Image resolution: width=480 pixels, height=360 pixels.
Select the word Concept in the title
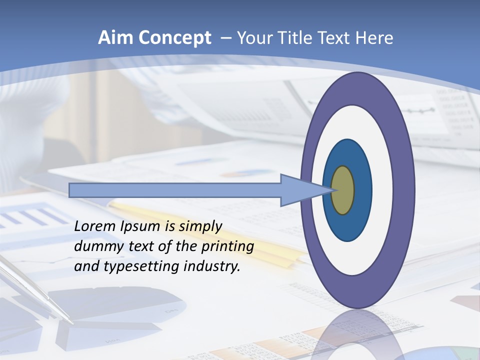pyautogui.click(x=175, y=38)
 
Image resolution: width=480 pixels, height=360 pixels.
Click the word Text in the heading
pyautogui.click(x=336, y=38)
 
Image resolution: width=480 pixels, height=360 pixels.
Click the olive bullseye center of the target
pyautogui.click(x=343, y=190)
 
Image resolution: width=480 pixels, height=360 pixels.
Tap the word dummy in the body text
pyautogui.click(x=93, y=246)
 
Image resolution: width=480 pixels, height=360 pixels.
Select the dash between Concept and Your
pyautogui.click(x=225, y=38)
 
